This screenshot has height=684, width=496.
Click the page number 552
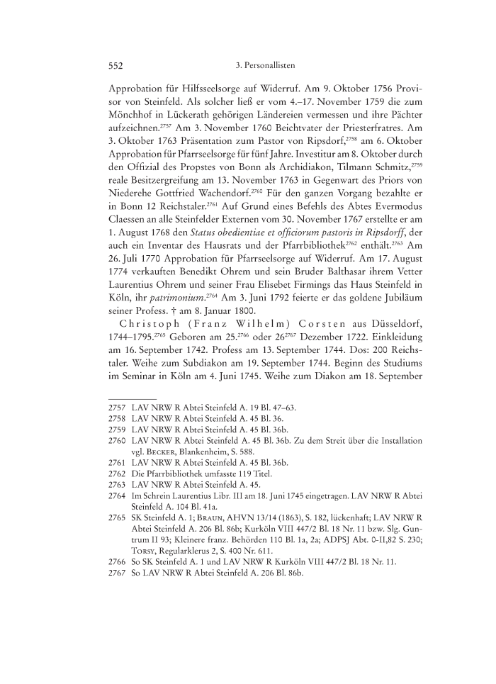point(116,65)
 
